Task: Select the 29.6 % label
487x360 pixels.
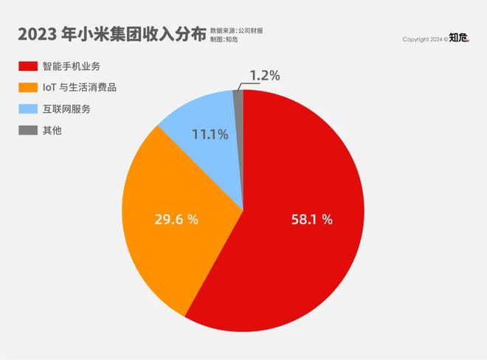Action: point(176,220)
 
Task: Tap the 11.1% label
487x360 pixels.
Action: point(210,135)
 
